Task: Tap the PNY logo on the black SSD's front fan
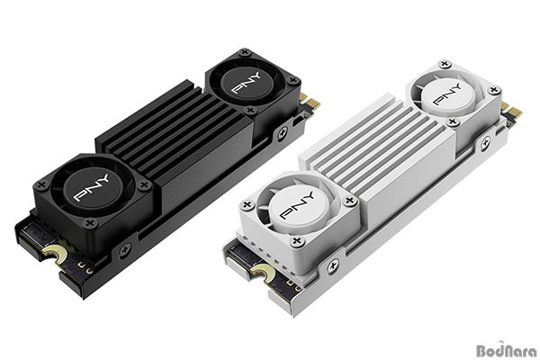coord(91,187)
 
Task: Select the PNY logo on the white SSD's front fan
coord(298,205)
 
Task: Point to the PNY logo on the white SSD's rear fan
coord(446,94)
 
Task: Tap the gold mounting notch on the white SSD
coord(264,274)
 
